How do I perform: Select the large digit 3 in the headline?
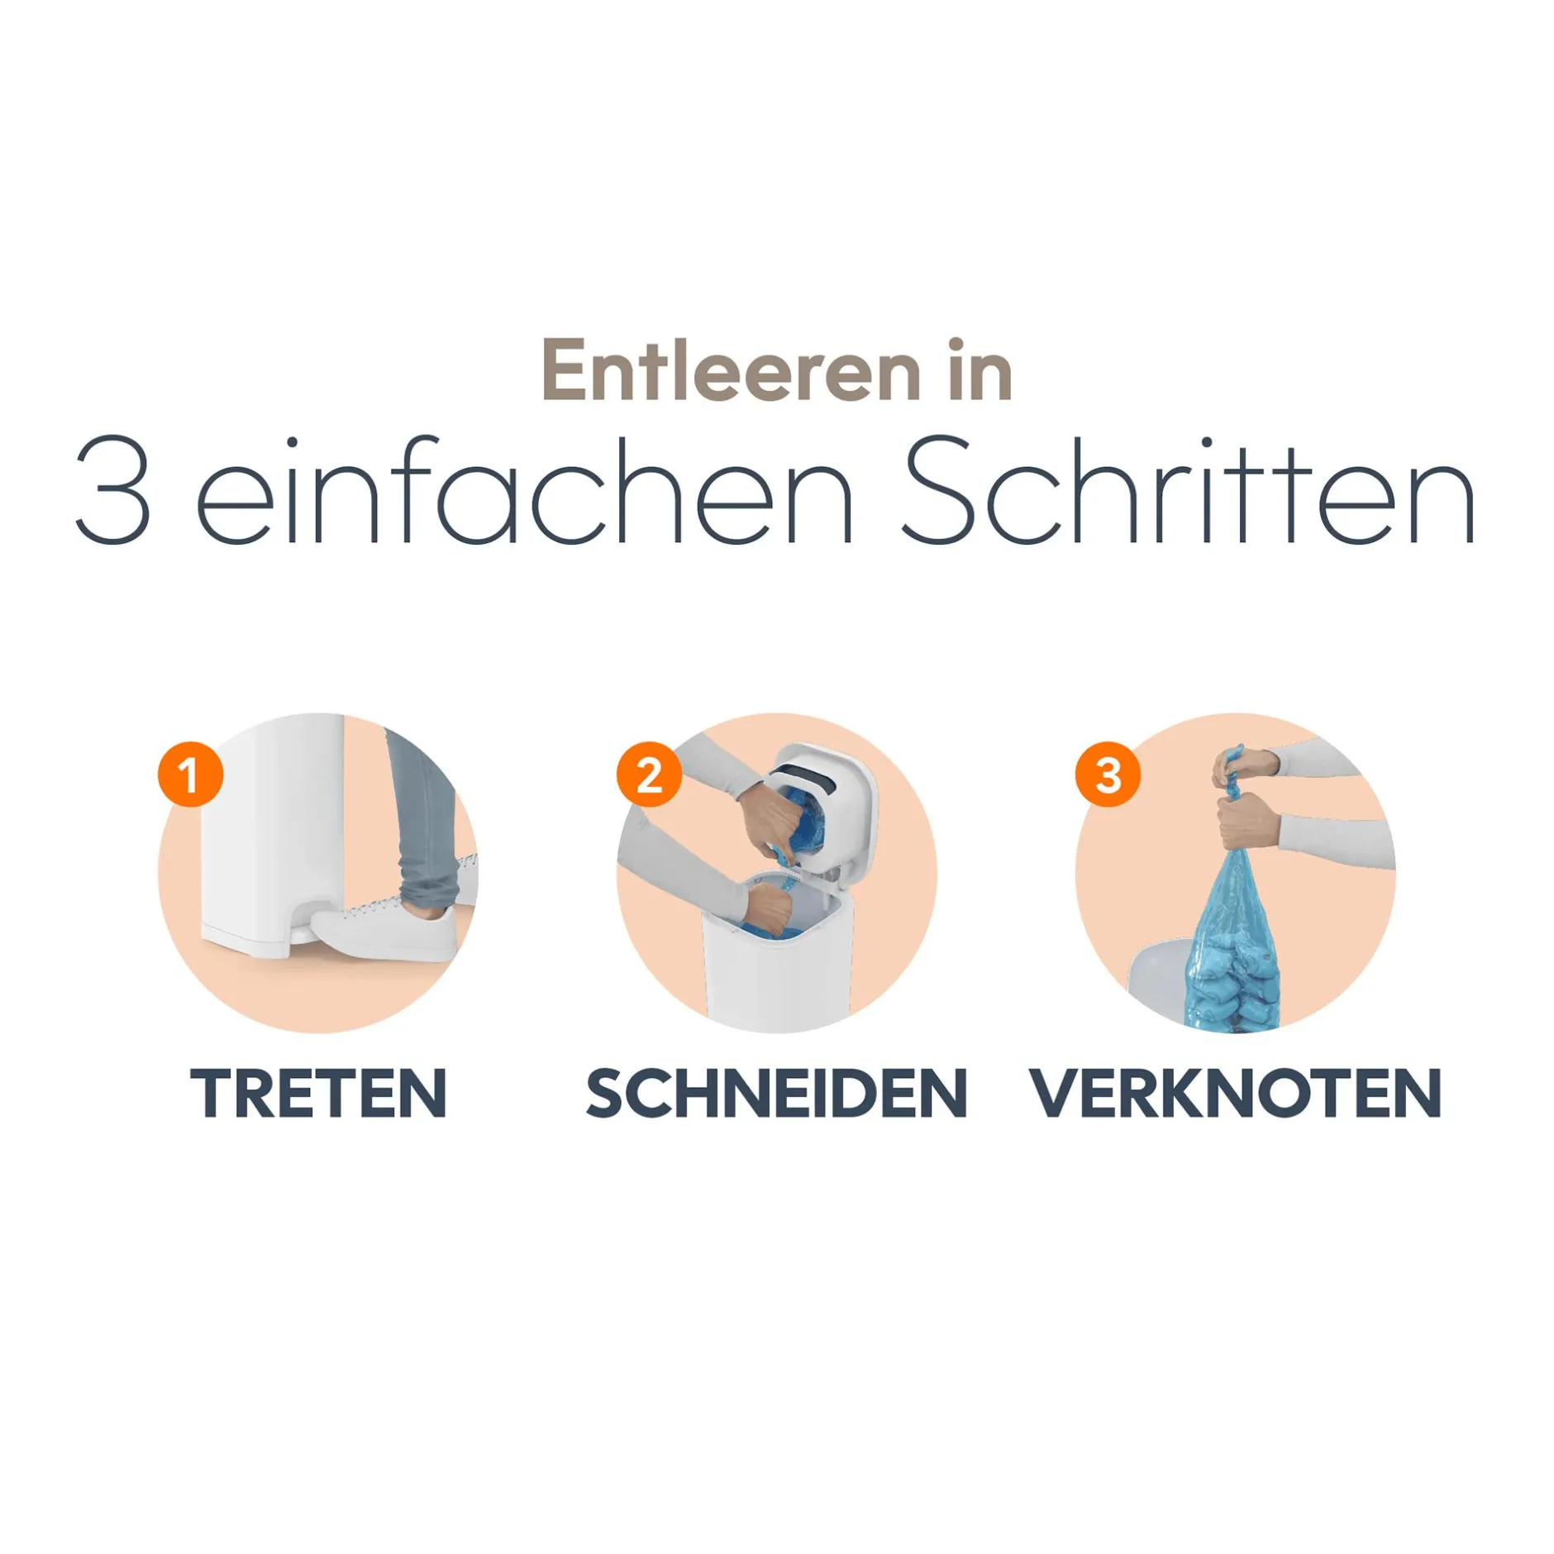113,489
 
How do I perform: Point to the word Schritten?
1189,489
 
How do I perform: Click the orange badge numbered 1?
190,775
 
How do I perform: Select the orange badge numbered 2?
649,775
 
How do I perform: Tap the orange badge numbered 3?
1108,775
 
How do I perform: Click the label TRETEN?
319,1094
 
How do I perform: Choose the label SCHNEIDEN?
777,1094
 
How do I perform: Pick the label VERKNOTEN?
1236,1094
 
